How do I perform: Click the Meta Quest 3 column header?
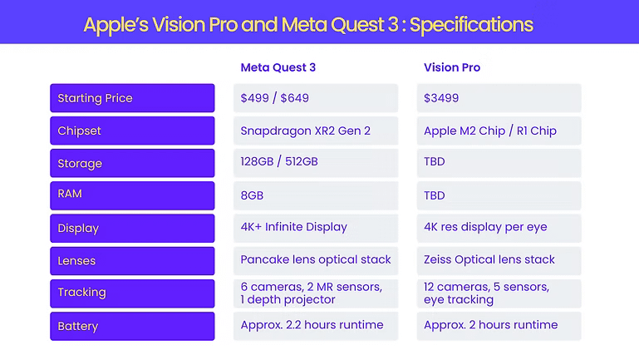[x=278, y=67]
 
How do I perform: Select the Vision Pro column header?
[x=452, y=67]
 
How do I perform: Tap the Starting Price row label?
[x=132, y=98]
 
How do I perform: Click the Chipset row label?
[x=132, y=131]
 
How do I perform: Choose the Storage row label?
[x=132, y=163]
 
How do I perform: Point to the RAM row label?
[x=132, y=195]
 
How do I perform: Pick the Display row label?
[x=132, y=228]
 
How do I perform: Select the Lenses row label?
[x=132, y=260]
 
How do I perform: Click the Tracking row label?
[x=132, y=293]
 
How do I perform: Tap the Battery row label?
[x=132, y=325]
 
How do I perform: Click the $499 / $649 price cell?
[x=316, y=98]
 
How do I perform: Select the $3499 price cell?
[x=499, y=98]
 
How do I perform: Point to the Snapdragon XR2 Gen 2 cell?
[x=316, y=131]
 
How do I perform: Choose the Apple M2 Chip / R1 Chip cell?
[x=499, y=131]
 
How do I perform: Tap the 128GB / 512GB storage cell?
[x=316, y=163]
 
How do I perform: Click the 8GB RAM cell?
[x=316, y=195]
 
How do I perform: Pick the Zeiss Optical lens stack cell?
[x=499, y=260]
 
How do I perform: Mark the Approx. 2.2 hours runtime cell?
[x=316, y=325]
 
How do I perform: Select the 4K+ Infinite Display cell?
[x=316, y=228]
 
